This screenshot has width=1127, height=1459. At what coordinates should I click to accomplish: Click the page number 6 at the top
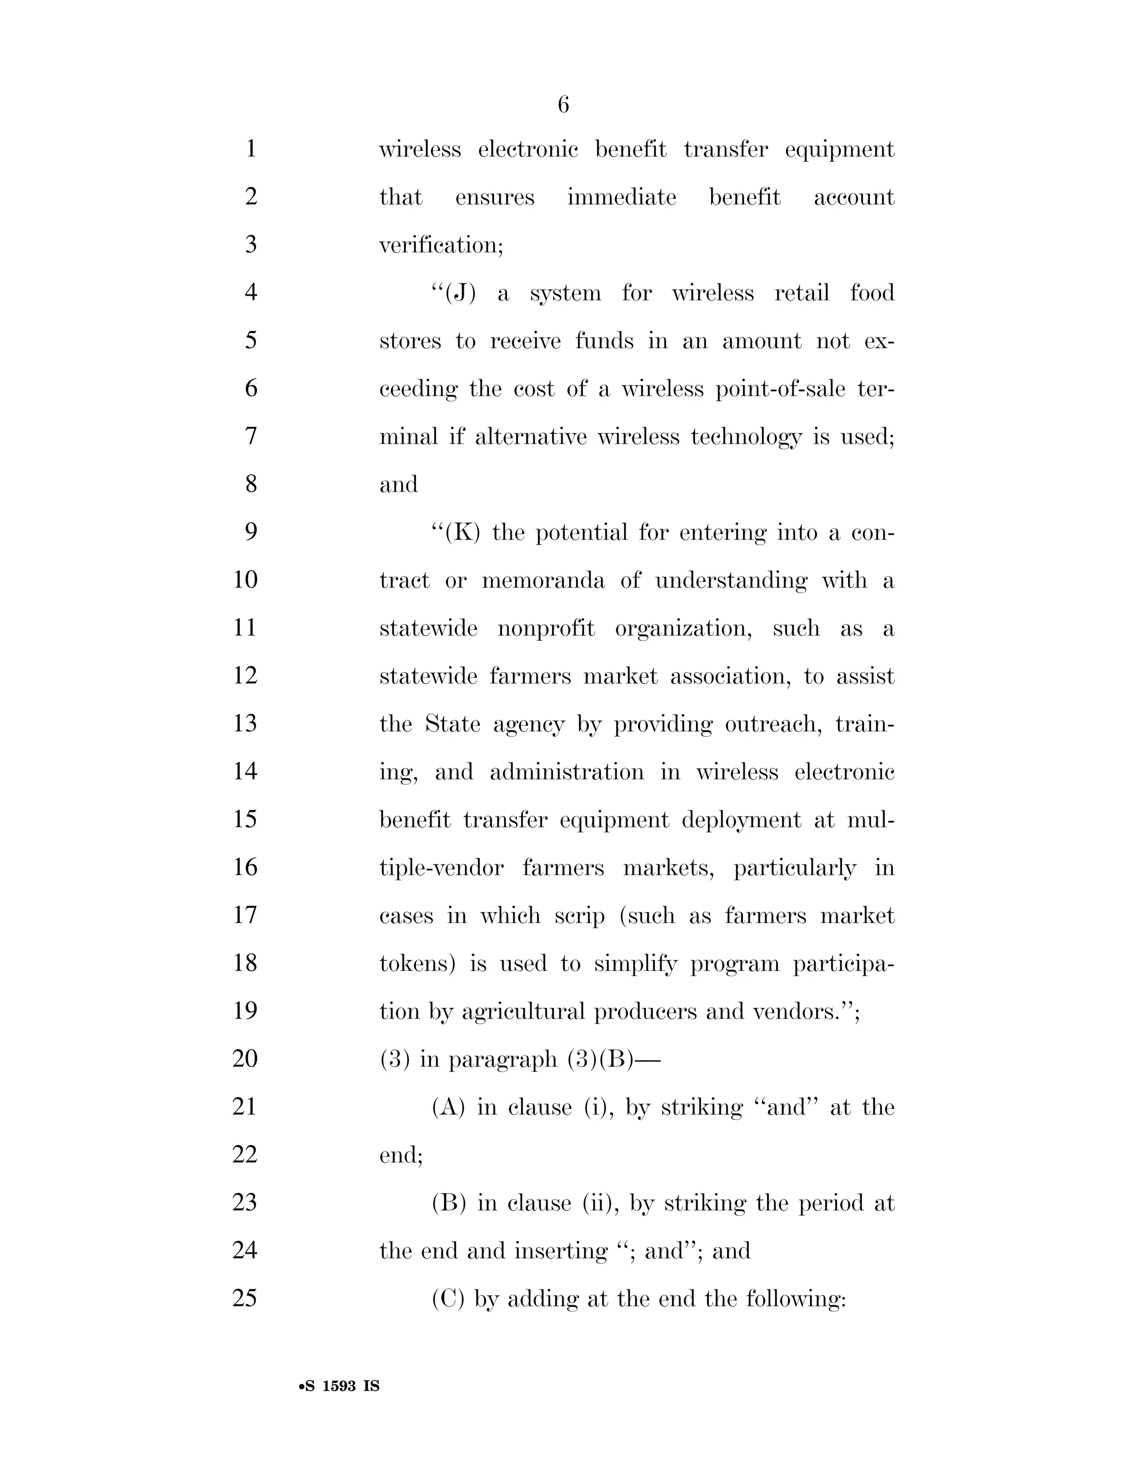pos(563,105)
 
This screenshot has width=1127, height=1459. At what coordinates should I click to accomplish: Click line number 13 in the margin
pos(245,723)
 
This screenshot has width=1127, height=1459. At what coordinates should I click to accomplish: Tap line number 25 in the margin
pos(245,1298)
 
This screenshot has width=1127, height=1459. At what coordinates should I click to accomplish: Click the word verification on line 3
pos(441,245)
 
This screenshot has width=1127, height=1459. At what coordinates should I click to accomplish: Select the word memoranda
pos(543,580)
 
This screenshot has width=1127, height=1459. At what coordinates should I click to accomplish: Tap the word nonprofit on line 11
pos(545,629)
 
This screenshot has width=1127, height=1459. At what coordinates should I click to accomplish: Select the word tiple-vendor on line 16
pos(441,868)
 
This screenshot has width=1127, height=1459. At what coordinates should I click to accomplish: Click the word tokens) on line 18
pos(417,963)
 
